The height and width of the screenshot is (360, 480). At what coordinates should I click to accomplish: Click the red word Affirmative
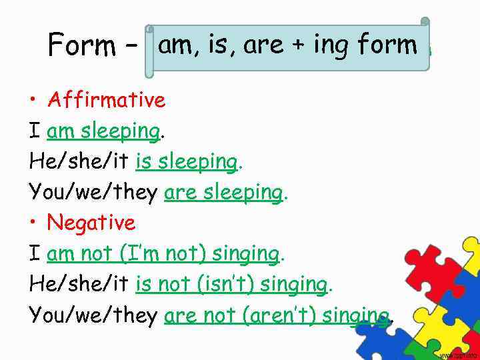point(106,100)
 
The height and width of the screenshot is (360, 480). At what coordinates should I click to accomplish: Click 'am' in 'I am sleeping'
point(61,131)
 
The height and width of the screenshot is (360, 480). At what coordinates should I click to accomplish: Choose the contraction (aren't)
point(277,315)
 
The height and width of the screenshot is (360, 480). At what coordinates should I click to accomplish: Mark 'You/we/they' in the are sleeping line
point(93,193)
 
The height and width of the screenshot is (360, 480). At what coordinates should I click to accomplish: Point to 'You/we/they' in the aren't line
point(93,315)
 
